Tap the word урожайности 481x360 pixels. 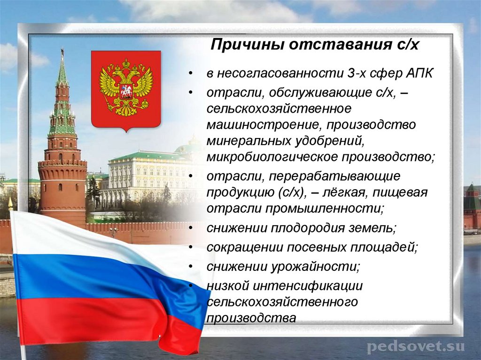tap(315, 267)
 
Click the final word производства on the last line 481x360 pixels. tap(251, 318)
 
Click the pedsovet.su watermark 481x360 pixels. tap(415, 347)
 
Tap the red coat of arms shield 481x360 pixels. tap(125, 89)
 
